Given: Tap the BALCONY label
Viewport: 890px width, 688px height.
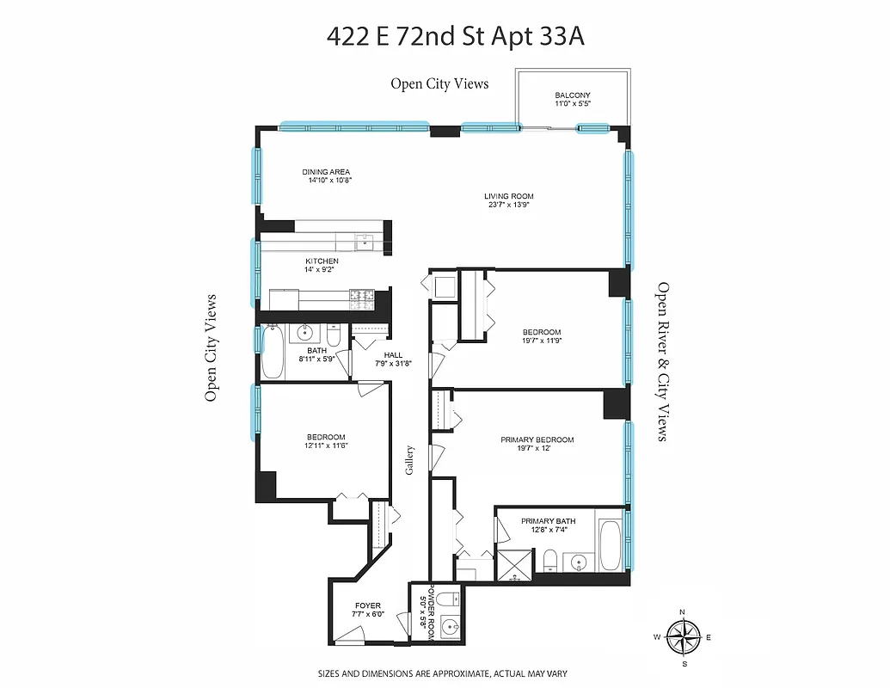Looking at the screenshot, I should (572, 95).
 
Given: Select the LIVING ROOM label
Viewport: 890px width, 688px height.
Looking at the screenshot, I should (508, 196).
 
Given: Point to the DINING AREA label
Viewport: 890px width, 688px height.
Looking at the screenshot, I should (326, 172).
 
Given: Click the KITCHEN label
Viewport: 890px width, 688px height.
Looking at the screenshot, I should (322, 261).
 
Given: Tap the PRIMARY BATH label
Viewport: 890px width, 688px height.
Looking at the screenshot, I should (548, 521).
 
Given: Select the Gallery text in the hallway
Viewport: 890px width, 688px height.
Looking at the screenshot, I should (411, 461).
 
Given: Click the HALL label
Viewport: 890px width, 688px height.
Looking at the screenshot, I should (393, 354).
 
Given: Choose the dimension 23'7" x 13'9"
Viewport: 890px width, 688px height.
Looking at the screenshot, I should (508, 206).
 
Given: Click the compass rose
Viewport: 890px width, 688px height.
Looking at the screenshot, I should (684, 638).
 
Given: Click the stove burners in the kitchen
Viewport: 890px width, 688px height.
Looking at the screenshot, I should (362, 298).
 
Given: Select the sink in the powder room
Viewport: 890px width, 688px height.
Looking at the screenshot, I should (450, 628).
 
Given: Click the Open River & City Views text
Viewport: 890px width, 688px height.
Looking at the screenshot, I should (662, 361).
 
